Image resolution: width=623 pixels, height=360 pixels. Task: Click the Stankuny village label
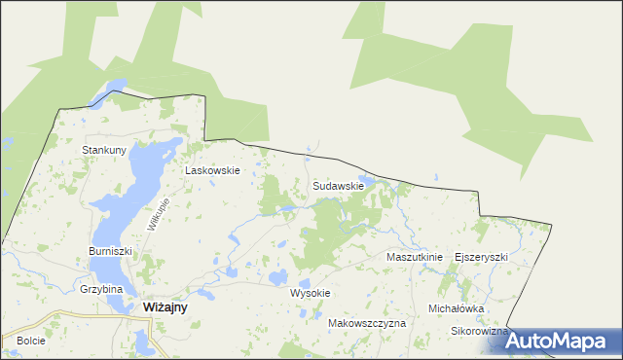coord(105,150)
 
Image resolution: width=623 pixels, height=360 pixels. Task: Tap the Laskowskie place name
coord(213,169)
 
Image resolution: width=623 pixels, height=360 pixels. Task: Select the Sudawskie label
coord(339,185)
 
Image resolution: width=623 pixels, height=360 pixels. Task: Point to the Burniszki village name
coord(109,250)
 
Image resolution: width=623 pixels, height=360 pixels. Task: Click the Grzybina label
coord(101,289)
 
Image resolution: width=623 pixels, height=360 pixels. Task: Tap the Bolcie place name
coord(31,342)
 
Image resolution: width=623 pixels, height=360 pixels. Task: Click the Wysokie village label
coord(311,293)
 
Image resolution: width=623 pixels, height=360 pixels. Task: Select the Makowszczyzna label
coord(367,322)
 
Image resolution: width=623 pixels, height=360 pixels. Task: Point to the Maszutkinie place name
coord(415,257)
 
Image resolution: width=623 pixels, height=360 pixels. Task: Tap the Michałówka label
coord(457,308)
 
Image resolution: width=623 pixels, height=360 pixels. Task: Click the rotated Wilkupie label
coord(159,213)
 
